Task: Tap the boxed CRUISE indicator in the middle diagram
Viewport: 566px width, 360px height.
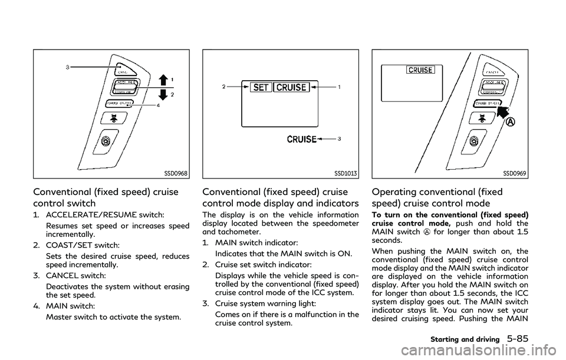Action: tap(292, 87)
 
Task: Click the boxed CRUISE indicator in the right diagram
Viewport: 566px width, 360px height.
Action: tap(419, 70)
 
